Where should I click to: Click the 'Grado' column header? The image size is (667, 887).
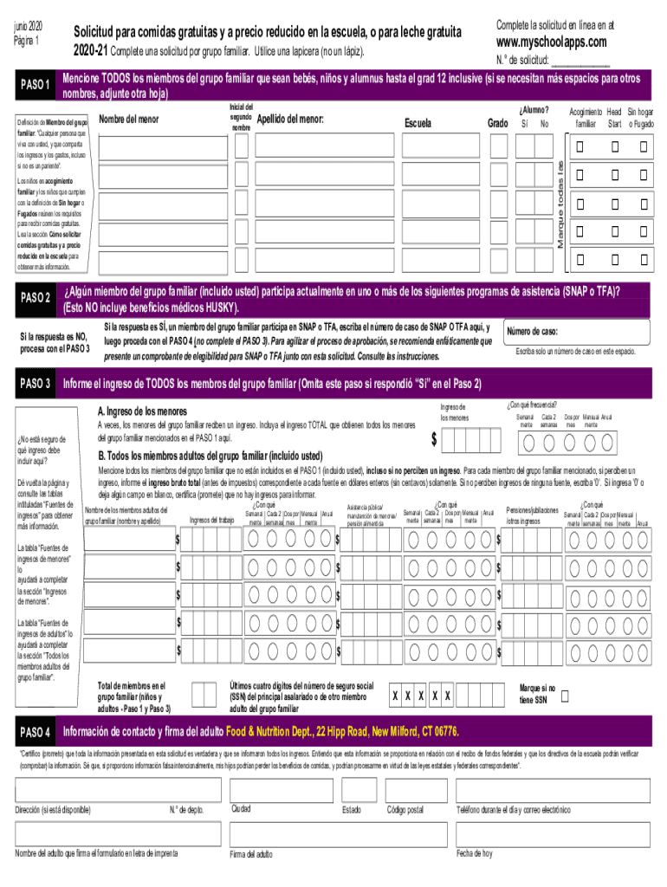[497, 124]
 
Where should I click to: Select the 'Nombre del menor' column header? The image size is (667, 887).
[129, 119]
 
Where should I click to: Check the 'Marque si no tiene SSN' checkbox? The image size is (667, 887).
[566, 696]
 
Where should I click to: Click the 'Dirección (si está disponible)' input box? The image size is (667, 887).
[87, 790]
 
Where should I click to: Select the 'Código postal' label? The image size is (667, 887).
[405, 810]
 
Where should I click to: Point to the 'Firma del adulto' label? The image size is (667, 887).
[251, 854]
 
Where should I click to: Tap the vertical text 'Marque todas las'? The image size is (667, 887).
[560, 204]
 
